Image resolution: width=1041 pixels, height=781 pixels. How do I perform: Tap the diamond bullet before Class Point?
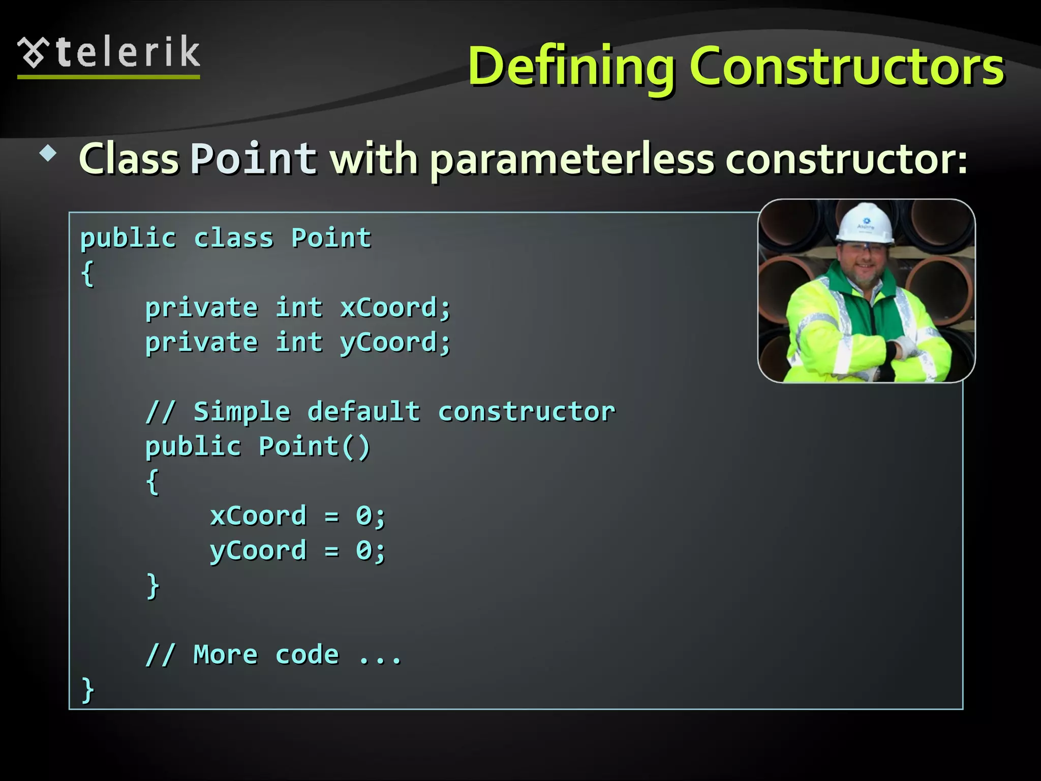[x=48, y=153]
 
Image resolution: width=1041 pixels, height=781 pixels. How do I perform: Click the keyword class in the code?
[x=234, y=238]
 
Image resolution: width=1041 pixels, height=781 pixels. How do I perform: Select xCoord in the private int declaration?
[x=395, y=308]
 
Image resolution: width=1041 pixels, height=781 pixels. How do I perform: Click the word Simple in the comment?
[x=241, y=411]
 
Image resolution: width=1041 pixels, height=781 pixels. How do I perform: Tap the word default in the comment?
[x=364, y=411]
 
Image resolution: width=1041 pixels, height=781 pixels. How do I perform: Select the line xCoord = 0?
[x=298, y=516]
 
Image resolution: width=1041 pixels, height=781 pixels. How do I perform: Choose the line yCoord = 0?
[x=298, y=551]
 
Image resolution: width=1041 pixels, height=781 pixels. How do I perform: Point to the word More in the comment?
[x=225, y=655]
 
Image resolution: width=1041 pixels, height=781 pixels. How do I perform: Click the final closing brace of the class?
[x=87, y=690]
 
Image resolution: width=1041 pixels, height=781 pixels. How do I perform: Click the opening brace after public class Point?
[x=87, y=274]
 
